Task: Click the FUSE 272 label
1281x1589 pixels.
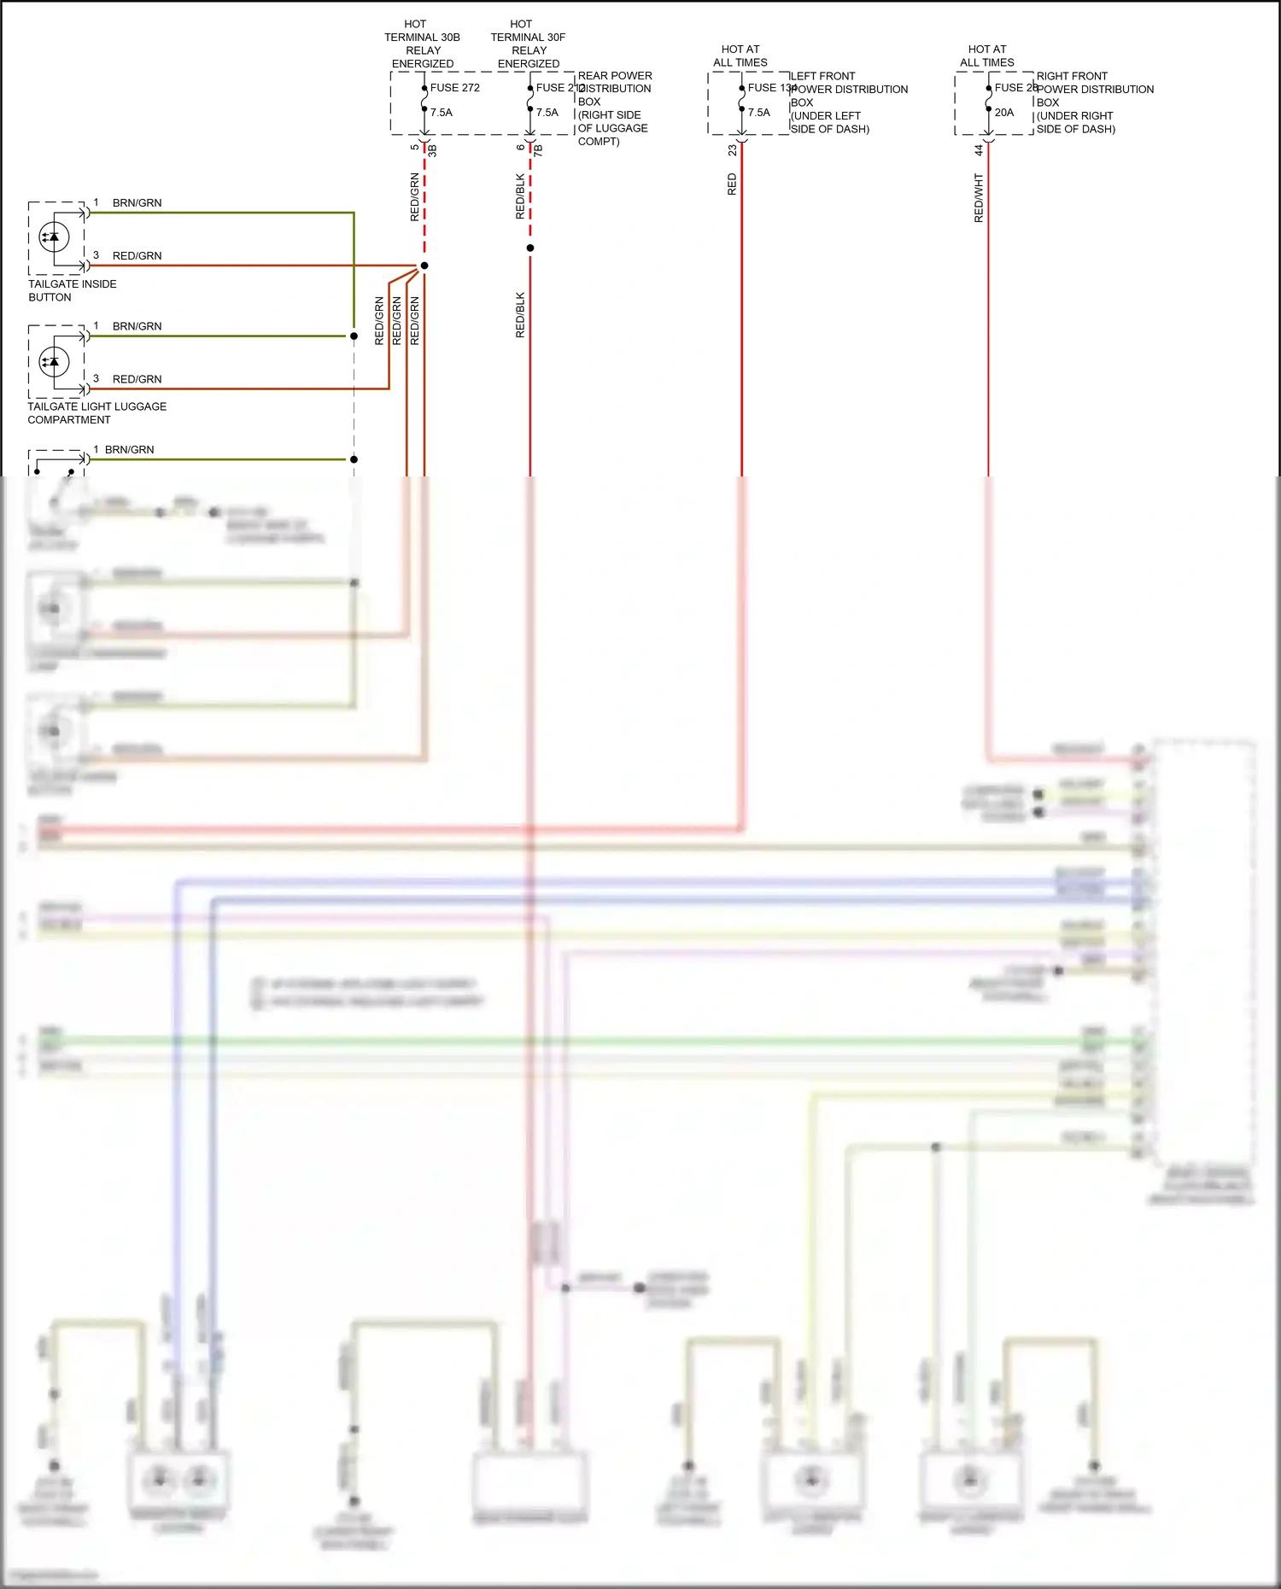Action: coord(454,88)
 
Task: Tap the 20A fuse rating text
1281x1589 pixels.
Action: coord(1003,113)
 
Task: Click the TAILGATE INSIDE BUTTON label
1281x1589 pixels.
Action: coord(72,290)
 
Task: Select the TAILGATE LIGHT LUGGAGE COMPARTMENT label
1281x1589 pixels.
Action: coord(97,413)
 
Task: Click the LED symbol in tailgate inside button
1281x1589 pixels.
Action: coord(55,237)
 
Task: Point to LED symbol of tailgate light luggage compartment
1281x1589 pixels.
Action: coord(55,362)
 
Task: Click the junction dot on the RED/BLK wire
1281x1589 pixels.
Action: coord(529,248)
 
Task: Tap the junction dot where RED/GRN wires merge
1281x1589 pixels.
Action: coord(424,266)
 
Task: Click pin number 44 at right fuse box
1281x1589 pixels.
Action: coord(979,149)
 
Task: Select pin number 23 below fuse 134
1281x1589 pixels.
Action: coord(732,149)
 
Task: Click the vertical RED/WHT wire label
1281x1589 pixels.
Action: coord(979,198)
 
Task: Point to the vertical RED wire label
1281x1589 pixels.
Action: coord(732,184)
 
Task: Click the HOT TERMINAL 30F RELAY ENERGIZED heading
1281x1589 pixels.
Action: coord(528,44)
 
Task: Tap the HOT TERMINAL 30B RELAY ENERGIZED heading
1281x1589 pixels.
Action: coord(422,44)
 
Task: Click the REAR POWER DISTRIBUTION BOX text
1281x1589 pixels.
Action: coord(614,108)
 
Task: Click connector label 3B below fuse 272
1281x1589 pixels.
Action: coord(432,150)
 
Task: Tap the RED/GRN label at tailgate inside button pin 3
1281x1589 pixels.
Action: coord(137,256)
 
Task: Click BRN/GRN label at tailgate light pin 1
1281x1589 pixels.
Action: coord(137,326)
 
